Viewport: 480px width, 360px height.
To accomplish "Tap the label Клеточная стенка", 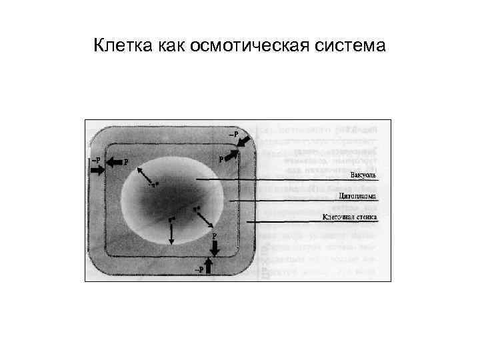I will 351,217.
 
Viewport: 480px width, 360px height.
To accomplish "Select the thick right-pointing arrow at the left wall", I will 97,170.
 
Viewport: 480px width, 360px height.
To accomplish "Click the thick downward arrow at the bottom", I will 215,247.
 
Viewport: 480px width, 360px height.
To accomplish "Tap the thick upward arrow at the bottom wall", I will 209,266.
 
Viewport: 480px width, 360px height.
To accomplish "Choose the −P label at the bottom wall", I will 198,269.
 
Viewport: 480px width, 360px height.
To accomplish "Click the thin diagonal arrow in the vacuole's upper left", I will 146,176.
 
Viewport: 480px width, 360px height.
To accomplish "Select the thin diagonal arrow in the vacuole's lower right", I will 204,217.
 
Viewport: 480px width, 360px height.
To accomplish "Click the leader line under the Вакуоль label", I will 287,181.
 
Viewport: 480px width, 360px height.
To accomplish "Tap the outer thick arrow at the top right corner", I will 244,141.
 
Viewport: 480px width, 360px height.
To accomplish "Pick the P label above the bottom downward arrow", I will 214,235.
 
